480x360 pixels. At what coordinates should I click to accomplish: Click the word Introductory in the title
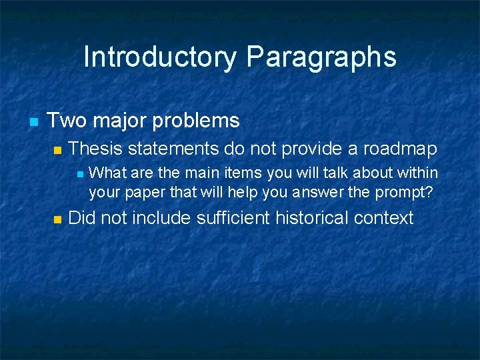click(x=160, y=57)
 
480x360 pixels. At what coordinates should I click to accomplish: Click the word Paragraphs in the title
click(x=321, y=57)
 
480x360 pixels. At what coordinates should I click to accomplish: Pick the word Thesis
click(x=96, y=148)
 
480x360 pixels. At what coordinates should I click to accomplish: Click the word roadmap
click(x=399, y=148)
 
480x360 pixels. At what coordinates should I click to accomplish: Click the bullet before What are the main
click(x=80, y=174)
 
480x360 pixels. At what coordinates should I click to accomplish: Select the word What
click(x=107, y=173)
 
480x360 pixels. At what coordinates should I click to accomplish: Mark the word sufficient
click(x=236, y=217)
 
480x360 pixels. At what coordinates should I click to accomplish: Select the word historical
click(x=315, y=217)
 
